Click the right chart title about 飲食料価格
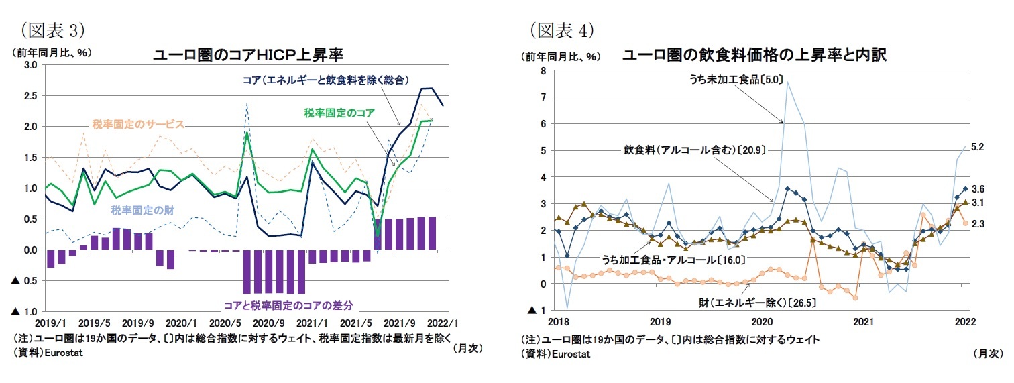754,55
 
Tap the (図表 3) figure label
52,30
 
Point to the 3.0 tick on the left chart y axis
30,65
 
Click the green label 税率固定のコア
339,112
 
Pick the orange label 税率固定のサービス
138,124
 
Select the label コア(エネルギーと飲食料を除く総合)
326,80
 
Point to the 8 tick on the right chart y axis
543,70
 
